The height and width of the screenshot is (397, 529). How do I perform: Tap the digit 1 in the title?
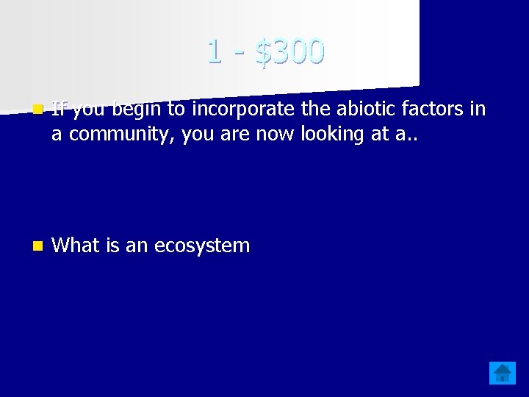click(x=214, y=51)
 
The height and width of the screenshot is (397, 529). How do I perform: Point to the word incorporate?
click(x=245, y=110)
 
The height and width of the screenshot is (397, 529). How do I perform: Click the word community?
click(x=112, y=135)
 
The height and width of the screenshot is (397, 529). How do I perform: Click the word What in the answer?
click(x=77, y=245)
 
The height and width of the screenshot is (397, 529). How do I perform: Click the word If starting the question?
click(x=60, y=110)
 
